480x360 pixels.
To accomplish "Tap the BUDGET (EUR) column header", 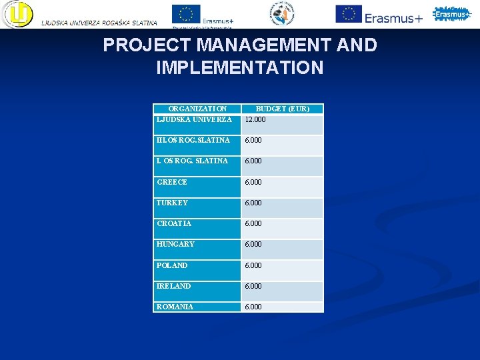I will click(x=282, y=109).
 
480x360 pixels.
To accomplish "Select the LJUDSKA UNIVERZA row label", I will click(x=194, y=119).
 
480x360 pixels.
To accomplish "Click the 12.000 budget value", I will click(x=255, y=120).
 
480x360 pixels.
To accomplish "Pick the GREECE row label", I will click(x=172, y=182).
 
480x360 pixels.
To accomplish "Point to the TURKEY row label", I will click(x=172, y=203).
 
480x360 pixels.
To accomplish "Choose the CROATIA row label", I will click(x=174, y=223).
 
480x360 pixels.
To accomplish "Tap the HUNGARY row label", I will click(x=175, y=244).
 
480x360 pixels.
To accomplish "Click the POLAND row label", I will click(x=172, y=265).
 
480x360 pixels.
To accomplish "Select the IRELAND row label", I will click(x=173, y=286).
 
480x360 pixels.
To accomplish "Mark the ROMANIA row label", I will click(x=175, y=307).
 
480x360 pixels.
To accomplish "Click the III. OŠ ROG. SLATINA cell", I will click(x=193, y=140).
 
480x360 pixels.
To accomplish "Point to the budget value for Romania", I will click(x=253, y=307).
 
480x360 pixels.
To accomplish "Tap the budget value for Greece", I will click(x=253, y=182).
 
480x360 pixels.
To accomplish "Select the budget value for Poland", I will click(x=253, y=265).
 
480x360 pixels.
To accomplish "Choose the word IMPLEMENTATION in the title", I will click(x=239, y=68).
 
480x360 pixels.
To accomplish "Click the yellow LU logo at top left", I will click(x=17, y=14).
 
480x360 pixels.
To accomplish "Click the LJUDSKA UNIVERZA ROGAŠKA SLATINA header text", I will click(x=99, y=23).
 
